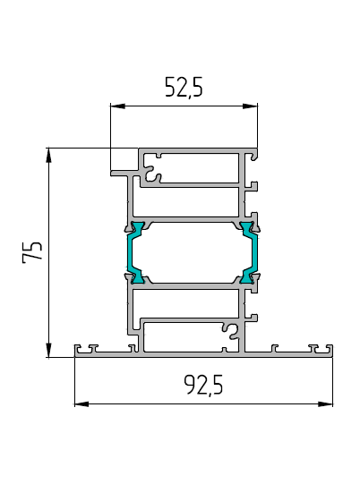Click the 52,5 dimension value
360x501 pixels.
click(184, 87)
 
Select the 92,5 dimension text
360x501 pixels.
click(203, 385)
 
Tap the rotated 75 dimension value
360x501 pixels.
click(32, 251)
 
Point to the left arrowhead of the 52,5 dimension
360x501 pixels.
click(117, 106)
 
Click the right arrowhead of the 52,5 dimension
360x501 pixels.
click(250, 106)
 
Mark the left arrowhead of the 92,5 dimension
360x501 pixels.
click(81, 404)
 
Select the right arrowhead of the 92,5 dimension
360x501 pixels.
click(325, 404)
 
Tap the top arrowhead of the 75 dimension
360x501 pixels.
click(48, 156)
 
